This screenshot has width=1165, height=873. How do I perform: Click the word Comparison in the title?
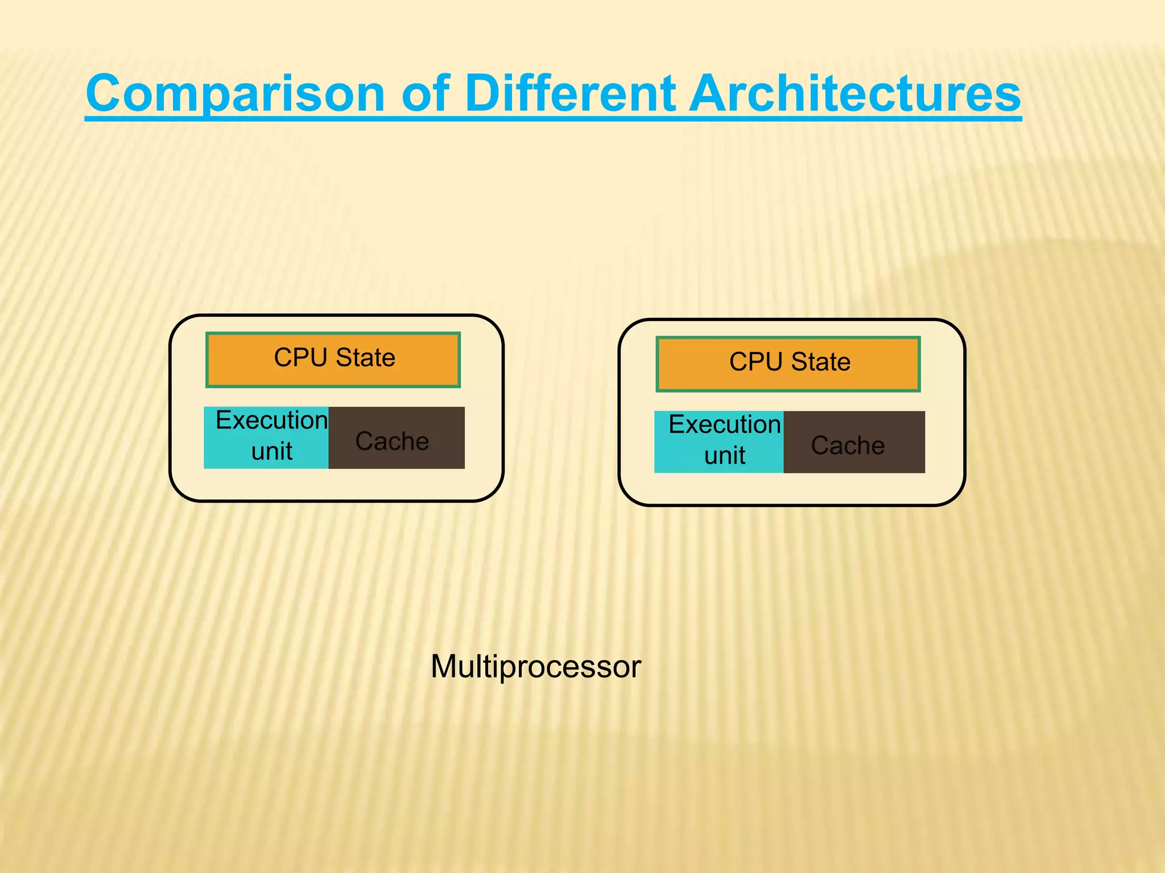click(x=236, y=94)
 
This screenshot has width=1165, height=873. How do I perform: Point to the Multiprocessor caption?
click(x=535, y=666)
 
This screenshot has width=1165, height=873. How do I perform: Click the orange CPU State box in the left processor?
click(x=333, y=360)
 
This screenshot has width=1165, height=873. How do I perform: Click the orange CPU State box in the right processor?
click(x=788, y=364)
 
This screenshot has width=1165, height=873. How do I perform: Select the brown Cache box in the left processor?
click(x=396, y=438)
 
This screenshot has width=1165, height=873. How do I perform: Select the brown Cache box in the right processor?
click(x=854, y=442)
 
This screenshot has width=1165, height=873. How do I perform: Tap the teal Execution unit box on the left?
click(x=266, y=438)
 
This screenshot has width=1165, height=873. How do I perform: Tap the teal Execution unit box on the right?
click(x=719, y=442)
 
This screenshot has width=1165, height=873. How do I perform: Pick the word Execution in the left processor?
click(x=272, y=421)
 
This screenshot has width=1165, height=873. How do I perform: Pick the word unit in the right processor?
click(x=724, y=456)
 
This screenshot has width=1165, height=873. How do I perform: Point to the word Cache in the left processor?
click(x=392, y=441)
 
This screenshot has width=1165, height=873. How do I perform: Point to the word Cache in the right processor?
click(x=848, y=446)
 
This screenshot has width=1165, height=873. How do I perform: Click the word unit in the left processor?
click(x=272, y=452)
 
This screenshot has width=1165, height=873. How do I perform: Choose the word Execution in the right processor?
click(x=725, y=425)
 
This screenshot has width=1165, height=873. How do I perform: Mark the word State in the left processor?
click(x=365, y=357)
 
